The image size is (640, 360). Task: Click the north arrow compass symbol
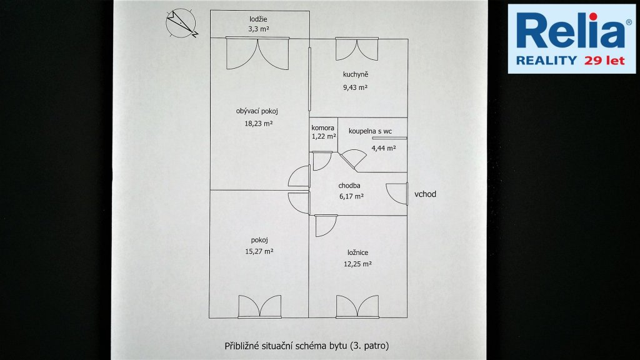click(x=181, y=23)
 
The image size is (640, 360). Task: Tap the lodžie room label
click(x=258, y=19)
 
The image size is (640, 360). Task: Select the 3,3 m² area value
click(x=258, y=29)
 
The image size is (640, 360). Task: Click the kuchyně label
click(x=356, y=75)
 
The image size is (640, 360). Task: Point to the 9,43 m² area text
click(x=355, y=87)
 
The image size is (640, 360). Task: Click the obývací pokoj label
click(x=257, y=111)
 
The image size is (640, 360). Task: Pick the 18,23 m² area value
click(x=258, y=123)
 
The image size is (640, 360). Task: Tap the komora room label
click(x=322, y=127)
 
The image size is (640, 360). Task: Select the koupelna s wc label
click(x=370, y=131)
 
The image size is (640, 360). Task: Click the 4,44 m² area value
click(x=383, y=148)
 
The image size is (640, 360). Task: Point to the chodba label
click(x=349, y=186)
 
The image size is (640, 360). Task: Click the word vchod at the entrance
click(x=425, y=194)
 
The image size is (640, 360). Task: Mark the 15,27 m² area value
click(x=259, y=251)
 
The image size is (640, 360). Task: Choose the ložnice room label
click(x=358, y=252)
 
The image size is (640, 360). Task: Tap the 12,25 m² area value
click(x=357, y=264)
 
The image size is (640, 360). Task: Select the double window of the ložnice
click(x=357, y=306)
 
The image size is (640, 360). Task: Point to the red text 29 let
click(x=604, y=61)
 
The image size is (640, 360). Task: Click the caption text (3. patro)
click(x=369, y=346)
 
